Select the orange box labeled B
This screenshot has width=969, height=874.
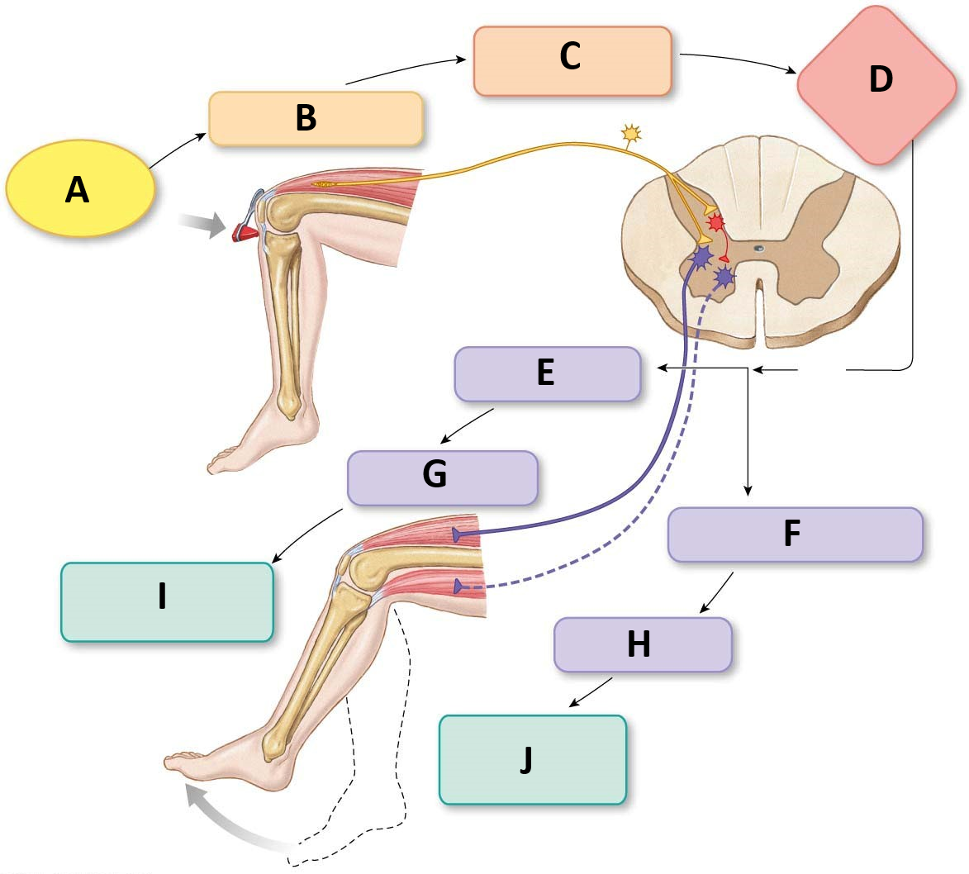click(316, 119)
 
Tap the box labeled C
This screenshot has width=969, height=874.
click(572, 60)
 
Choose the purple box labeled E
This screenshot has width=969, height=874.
click(547, 374)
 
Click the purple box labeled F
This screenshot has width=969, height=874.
click(794, 534)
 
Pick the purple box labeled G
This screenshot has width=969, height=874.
click(442, 477)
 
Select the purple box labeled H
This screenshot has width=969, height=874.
click(642, 644)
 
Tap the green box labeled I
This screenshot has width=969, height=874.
click(167, 601)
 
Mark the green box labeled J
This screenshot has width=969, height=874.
click(532, 759)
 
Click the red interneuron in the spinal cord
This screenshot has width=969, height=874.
click(715, 223)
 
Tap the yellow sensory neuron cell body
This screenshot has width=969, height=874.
click(631, 132)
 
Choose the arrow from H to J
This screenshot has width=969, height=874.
click(591, 692)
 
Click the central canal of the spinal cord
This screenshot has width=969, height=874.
click(758, 247)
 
